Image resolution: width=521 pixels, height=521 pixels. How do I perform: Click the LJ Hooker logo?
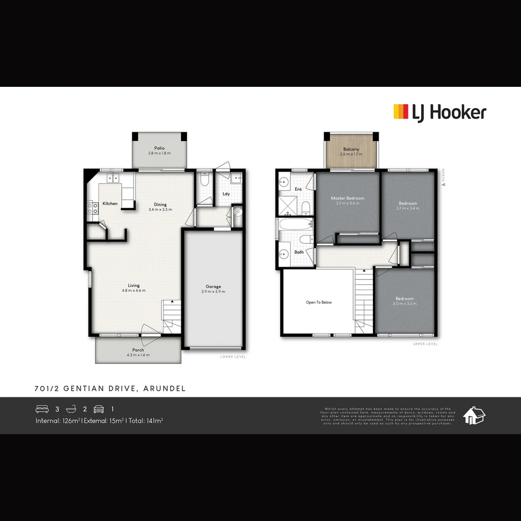coord(439,112)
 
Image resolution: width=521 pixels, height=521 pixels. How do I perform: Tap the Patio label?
coord(159,148)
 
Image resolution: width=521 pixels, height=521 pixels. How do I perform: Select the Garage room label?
coord(213,287)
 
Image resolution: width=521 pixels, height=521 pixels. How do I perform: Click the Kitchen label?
coord(110,204)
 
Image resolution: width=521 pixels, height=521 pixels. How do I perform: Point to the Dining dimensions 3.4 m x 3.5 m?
coord(160,209)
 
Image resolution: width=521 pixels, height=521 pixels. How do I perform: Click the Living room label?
coord(134,286)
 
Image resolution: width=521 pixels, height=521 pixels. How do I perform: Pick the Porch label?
coord(138,350)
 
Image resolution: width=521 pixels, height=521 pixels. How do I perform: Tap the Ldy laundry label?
coord(226,194)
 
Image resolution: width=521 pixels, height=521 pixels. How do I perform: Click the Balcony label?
coord(351,150)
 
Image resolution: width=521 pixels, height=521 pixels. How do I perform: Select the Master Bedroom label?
coord(347,198)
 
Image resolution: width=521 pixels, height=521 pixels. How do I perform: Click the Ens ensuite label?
coord(298,189)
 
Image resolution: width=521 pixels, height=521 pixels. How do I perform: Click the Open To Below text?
coord(319,302)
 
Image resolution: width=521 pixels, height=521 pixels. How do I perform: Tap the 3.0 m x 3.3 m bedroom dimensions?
coord(404,304)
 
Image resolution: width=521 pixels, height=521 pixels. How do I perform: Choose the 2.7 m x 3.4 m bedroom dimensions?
coord(408,208)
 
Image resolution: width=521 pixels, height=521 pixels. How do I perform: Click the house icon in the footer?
coord(474,415)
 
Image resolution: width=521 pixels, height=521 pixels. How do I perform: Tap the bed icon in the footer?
coord(42,409)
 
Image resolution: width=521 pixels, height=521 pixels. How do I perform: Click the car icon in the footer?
coord(99,409)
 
